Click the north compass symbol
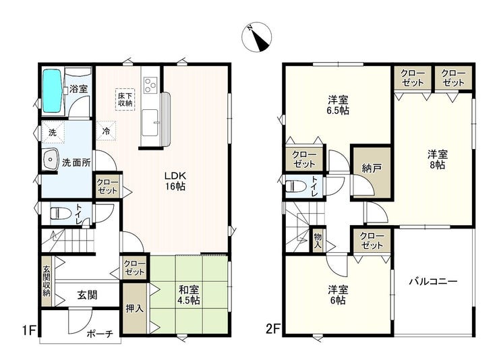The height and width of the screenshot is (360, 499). click(257, 37)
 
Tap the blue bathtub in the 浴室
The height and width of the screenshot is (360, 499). click(52, 90)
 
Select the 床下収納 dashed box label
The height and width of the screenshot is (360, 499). click(125, 100)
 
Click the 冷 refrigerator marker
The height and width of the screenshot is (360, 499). click(107, 130)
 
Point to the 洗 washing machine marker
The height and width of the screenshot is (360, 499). click(53, 132)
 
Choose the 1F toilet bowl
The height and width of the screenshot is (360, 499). click(61, 213)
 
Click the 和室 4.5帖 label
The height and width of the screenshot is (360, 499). click(189, 295)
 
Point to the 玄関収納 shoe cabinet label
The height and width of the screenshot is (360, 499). click(47, 281)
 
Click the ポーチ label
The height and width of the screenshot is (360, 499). click(100, 334)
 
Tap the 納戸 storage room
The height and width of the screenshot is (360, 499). click(372, 172)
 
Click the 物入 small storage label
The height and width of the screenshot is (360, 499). click(318, 241)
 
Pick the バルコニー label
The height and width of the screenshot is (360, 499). click(434, 281)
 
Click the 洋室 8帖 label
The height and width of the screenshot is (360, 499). click(437, 160)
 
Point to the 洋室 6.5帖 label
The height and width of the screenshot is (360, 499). click(339, 105)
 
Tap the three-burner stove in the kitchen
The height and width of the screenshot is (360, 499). click(150, 84)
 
